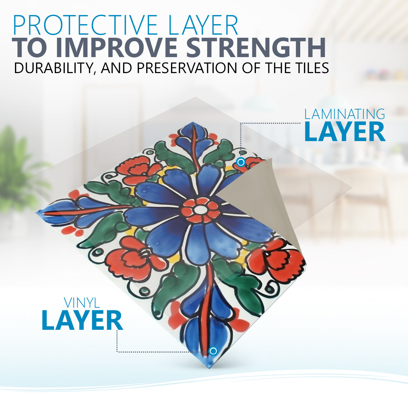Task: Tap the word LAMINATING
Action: [x=345, y=114]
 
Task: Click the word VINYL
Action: [x=82, y=303]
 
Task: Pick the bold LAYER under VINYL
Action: [x=82, y=321]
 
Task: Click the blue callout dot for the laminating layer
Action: [x=241, y=163]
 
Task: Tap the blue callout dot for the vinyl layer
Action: [x=213, y=351]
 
